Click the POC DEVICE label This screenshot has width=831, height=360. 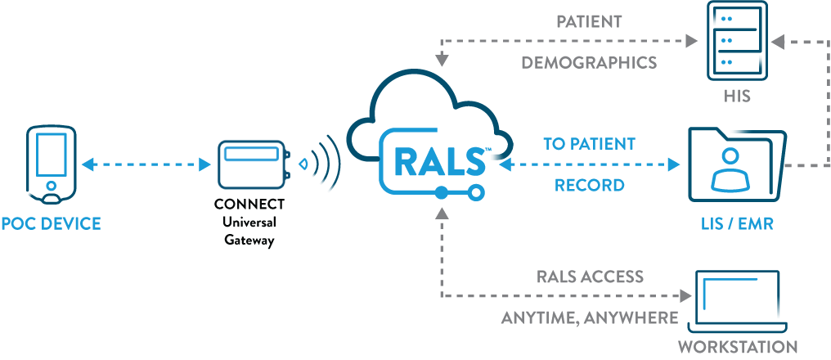tap(51, 223)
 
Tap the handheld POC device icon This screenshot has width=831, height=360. tap(51, 165)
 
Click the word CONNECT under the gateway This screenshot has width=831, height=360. tap(249, 205)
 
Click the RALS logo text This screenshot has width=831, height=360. tap(439, 161)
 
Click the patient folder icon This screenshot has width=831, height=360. tap(737, 164)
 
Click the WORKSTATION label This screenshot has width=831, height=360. tap(738, 347)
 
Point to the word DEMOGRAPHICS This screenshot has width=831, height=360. tap(589, 62)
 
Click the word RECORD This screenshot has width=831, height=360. tap(590, 185)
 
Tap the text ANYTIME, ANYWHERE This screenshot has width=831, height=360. tap(590, 317)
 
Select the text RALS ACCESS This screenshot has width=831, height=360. tap(590, 277)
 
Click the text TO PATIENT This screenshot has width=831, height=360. tap(590, 144)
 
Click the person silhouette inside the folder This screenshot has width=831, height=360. tap(730, 169)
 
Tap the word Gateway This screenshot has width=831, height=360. tap(249, 241)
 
